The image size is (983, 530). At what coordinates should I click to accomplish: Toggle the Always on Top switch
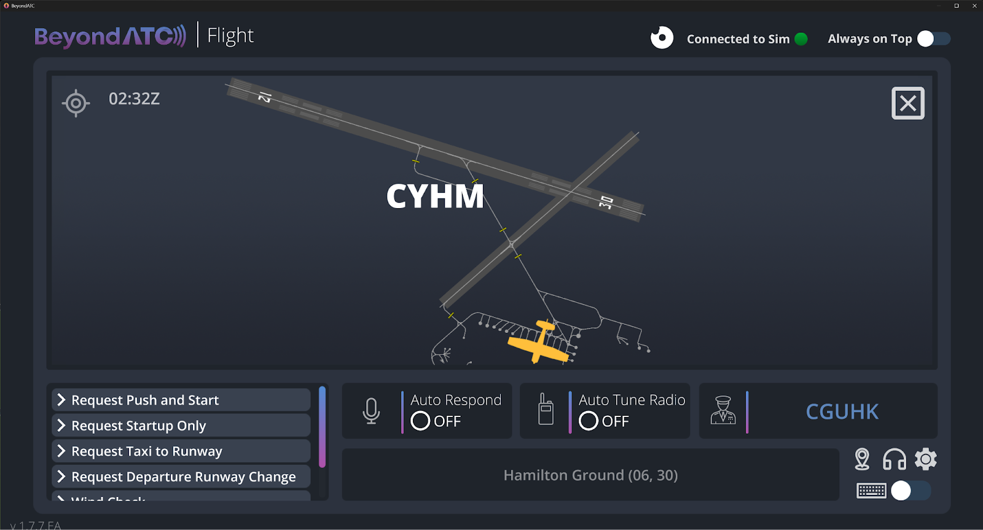pyautogui.click(x=933, y=39)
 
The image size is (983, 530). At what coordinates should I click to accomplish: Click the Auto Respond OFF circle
pyautogui.click(x=420, y=421)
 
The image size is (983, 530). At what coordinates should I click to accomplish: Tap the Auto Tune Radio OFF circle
pyautogui.click(x=589, y=421)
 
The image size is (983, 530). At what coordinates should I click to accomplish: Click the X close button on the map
pyautogui.click(x=907, y=103)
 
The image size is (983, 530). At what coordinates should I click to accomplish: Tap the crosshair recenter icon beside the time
pyautogui.click(x=76, y=103)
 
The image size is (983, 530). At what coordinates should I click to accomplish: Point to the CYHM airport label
pyautogui.click(x=435, y=197)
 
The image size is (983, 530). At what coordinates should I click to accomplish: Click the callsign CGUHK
pyautogui.click(x=842, y=411)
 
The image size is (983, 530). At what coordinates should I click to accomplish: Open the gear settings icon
pyautogui.click(x=926, y=459)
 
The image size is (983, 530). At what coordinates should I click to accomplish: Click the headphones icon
pyautogui.click(x=894, y=459)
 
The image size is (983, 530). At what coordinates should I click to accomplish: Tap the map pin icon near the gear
pyautogui.click(x=862, y=459)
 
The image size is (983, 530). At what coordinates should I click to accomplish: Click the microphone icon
pyautogui.click(x=371, y=411)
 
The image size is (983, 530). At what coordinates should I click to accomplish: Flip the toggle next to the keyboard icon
pyautogui.click(x=911, y=491)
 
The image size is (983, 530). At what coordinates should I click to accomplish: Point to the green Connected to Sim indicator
pyautogui.click(x=801, y=39)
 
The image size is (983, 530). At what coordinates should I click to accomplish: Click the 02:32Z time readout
pyautogui.click(x=134, y=99)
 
